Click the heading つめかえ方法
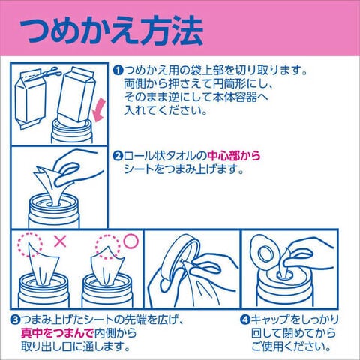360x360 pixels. (112, 31)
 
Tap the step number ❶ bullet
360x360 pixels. (118, 70)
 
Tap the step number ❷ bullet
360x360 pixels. (118, 157)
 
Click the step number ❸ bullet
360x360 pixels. (15, 320)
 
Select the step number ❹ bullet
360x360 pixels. (245, 319)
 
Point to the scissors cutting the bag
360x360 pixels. (50, 72)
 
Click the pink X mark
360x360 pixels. (60, 241)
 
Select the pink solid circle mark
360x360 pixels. (131, 241)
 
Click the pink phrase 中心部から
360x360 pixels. (234, 156)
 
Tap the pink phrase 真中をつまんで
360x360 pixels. (57, 333)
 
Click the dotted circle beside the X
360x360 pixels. (30, 243)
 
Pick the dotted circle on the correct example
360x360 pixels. (108, 247)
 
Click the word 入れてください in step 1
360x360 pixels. (166, 110)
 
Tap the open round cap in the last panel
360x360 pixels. (265, 253)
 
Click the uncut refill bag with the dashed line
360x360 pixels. (29, 99)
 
